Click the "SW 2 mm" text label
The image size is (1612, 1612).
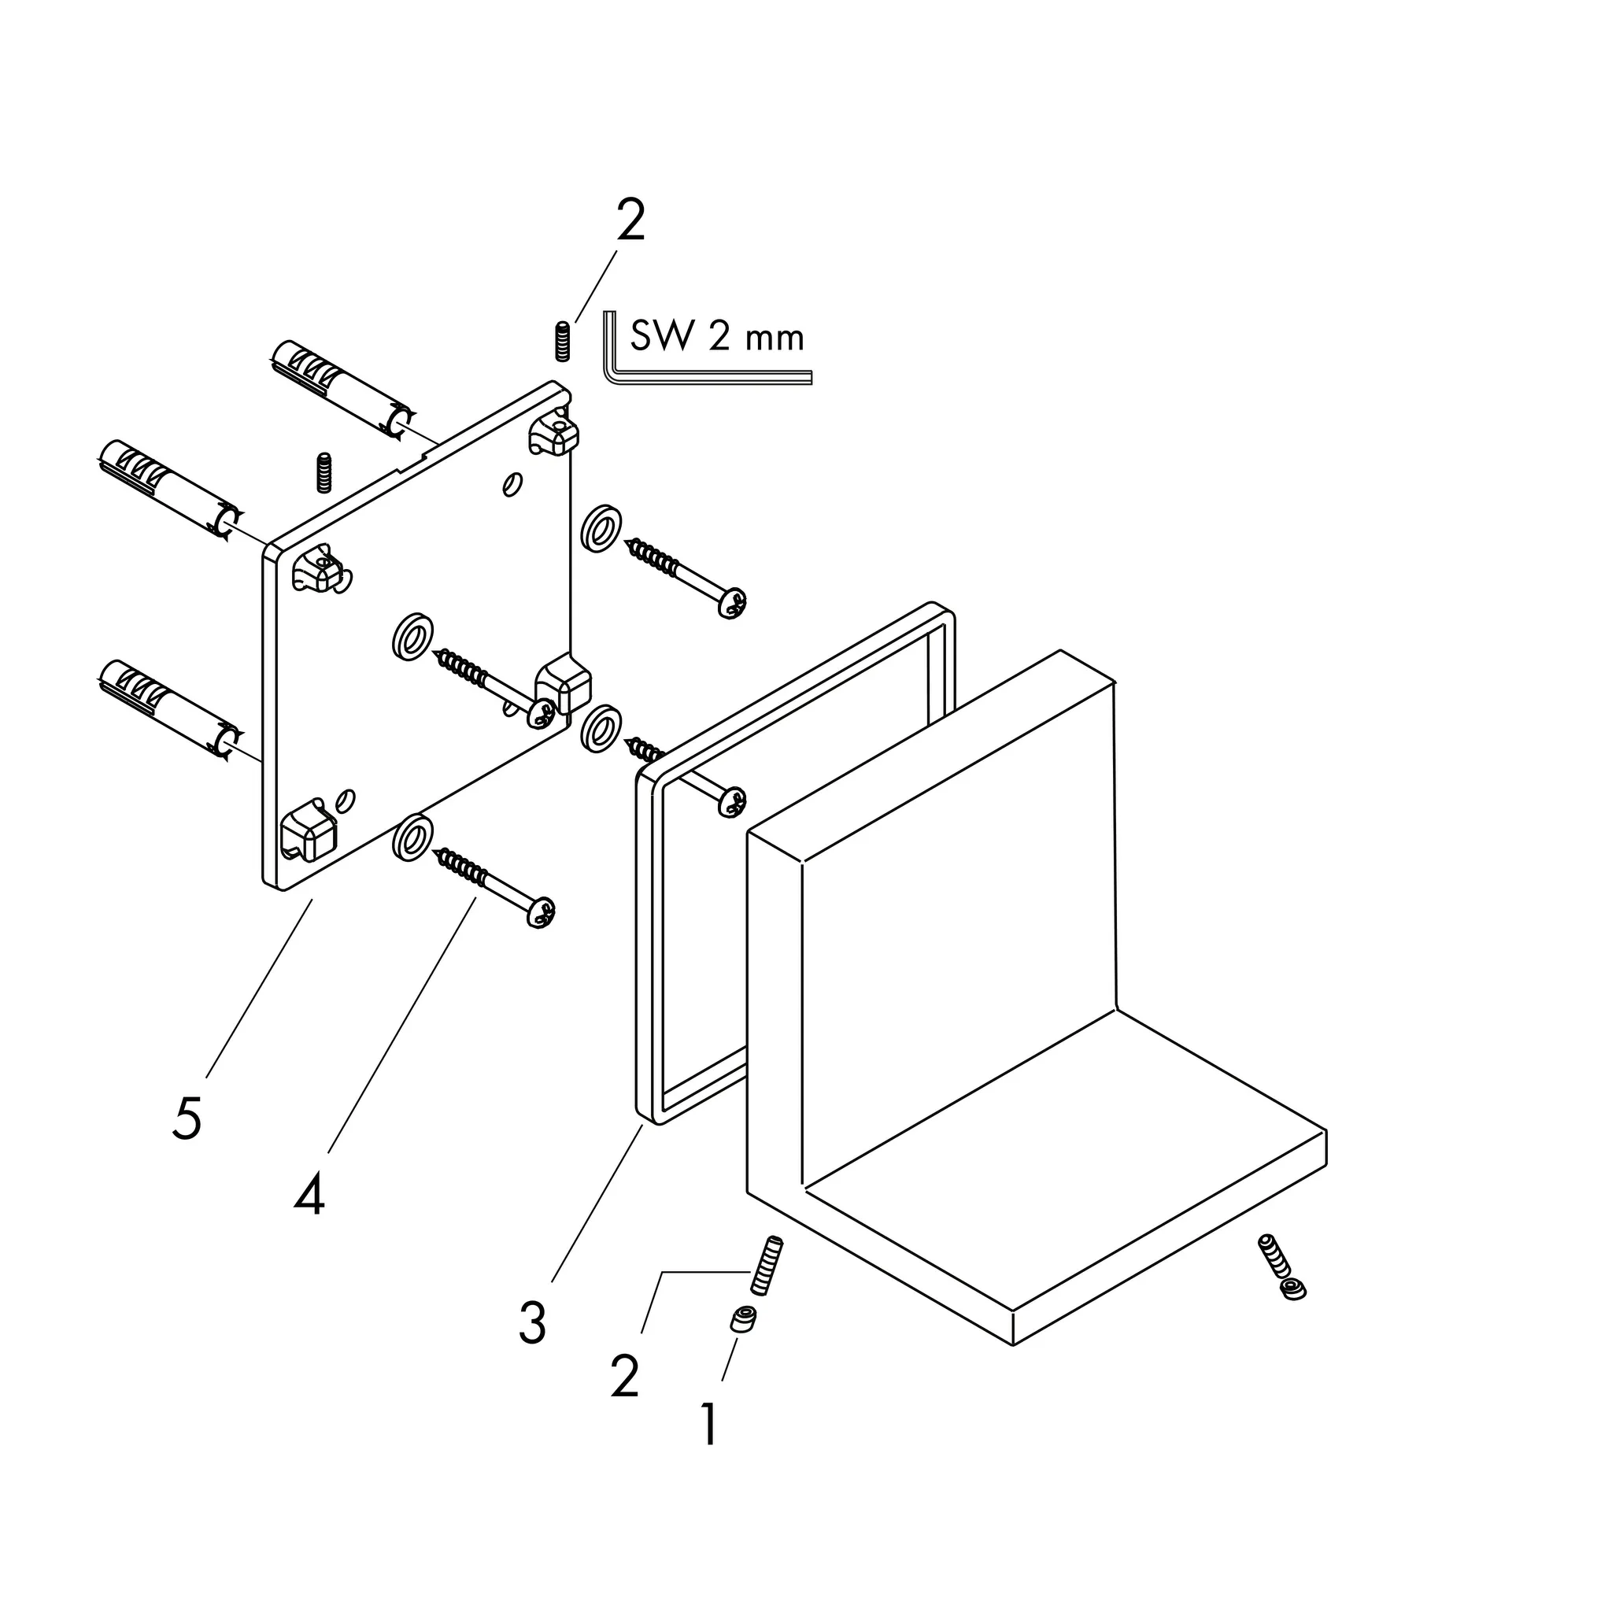point(717,337)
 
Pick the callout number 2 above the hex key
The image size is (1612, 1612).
point(630,220)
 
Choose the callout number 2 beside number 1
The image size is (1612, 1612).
point(625,1376)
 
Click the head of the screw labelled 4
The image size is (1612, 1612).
point(541,912)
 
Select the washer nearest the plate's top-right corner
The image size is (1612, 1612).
point(601,527)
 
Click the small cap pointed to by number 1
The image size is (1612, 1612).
point(742,1319)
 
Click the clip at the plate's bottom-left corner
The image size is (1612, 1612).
point(308,829)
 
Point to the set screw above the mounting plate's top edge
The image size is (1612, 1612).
point(324,472)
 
